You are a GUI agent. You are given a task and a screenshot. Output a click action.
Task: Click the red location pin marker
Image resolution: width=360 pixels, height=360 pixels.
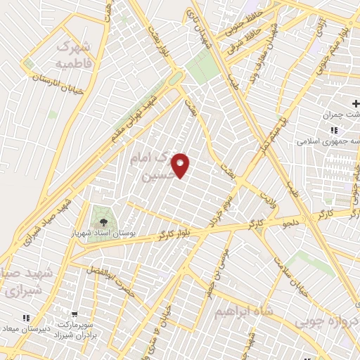pos(181,165)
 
